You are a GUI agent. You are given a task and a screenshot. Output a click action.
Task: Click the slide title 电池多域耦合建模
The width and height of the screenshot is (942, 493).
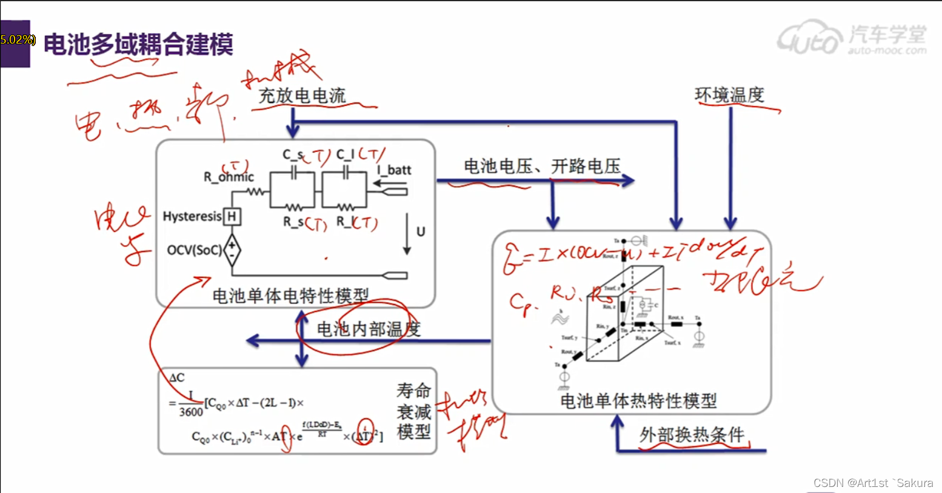coord(138,44)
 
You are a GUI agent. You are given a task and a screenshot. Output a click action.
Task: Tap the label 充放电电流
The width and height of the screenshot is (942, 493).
coord(302,96)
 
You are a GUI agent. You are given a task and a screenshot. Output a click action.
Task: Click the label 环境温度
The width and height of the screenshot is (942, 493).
coord(729,95)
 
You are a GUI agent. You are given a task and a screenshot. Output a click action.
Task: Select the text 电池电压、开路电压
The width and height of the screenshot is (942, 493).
coord(542,167)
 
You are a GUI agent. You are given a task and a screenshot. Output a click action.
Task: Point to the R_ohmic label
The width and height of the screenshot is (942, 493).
coord(229,177)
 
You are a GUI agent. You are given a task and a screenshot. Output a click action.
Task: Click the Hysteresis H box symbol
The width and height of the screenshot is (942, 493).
coord(232,216)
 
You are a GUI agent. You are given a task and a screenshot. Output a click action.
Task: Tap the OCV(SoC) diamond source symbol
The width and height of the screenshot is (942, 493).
coord(232,250)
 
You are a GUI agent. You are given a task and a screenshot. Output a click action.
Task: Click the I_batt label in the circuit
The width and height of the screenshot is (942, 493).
coord(395,170)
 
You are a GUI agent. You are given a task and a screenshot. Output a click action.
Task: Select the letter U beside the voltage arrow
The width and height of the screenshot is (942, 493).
coord(421,231)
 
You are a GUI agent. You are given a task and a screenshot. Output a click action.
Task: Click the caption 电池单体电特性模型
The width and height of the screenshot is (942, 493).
coord(290,296)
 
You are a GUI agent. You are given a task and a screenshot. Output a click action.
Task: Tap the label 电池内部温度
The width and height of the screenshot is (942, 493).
coord(369,329)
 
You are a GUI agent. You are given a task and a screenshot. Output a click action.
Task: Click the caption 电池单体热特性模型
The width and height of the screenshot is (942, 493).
coord(638,400)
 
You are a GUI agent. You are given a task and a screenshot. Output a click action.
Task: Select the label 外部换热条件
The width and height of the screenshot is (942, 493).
coord(692,435)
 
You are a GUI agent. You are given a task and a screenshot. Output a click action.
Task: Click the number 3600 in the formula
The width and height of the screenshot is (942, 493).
coord(191,412)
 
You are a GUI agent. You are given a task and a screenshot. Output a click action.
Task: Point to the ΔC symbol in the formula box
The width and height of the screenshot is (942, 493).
coord(176,378)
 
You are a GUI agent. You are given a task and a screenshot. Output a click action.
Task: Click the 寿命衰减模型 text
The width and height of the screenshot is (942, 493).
coord(414,411)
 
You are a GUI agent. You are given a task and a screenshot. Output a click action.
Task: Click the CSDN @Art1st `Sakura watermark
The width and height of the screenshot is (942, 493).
coord(873,483)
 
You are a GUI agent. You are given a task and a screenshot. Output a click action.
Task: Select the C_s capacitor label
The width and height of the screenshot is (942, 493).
coord(293,155)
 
